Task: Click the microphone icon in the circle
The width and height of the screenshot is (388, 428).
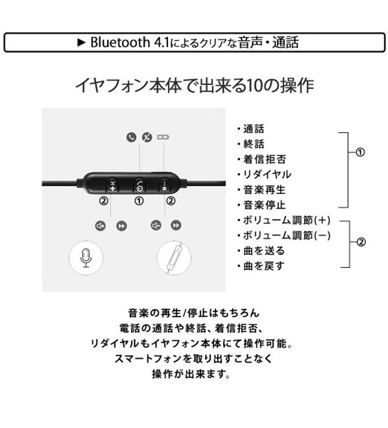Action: [85, 259]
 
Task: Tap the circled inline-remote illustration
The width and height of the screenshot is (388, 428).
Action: [175, 259]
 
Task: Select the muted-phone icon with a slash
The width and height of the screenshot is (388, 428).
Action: [146, 137]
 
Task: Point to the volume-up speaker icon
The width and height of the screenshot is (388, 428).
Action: [101, 226]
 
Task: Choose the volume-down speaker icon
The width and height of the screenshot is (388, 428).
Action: [156, 226]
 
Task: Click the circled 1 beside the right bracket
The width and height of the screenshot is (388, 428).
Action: [360, 152]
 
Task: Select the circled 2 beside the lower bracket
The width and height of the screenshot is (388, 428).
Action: [361, 242]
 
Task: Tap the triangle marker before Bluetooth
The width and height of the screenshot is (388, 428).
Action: [84, 43]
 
